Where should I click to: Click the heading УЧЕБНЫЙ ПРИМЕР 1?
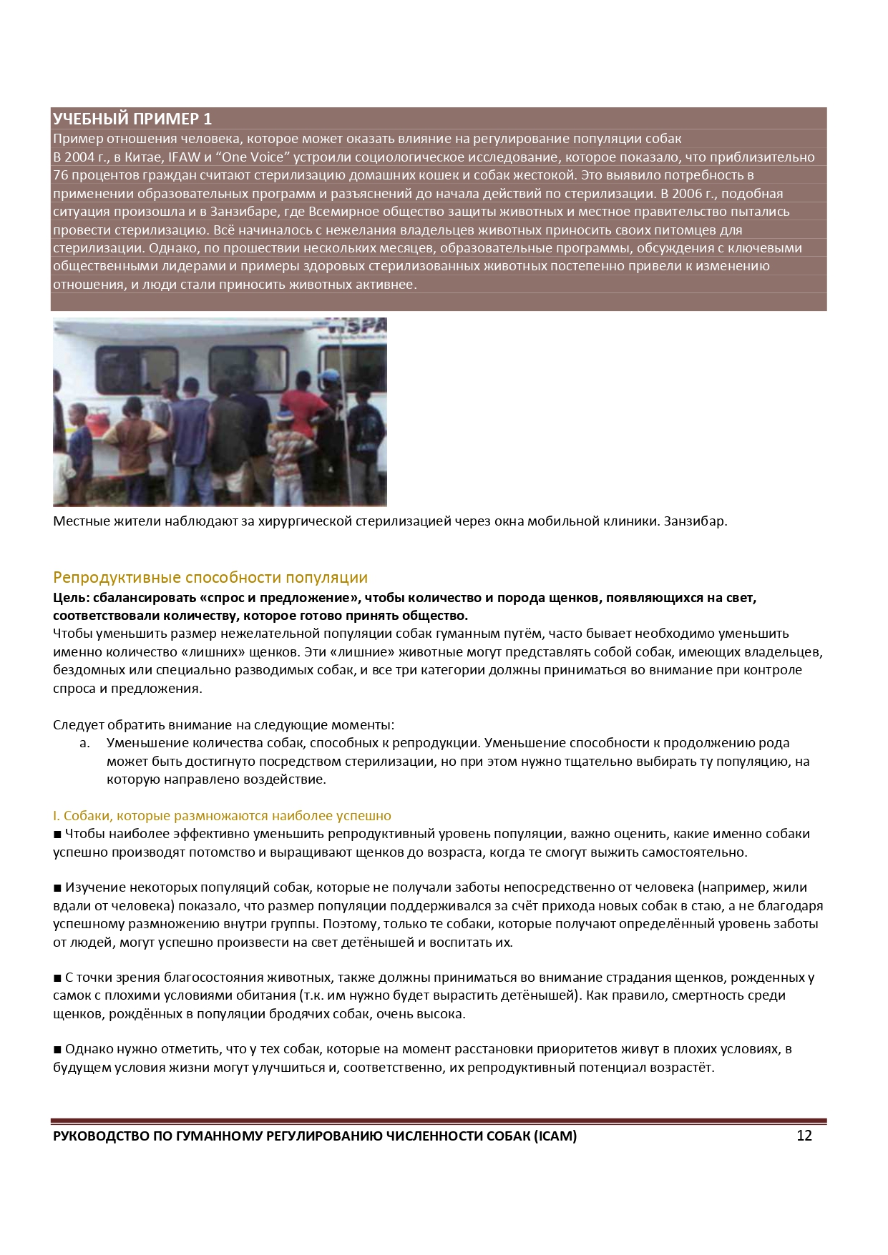pos(132,119)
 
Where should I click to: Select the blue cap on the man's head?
pos(330,375)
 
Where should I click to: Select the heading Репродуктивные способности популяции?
pos(210,578)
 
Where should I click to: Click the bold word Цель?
pos(70,598)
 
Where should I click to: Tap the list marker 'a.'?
pos(84,744)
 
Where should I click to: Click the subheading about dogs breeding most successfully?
pos(222,816)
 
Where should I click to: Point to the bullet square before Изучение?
pos(57,888)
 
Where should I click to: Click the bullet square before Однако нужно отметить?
pos(57,1050)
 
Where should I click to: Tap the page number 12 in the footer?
pos(804,1136)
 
